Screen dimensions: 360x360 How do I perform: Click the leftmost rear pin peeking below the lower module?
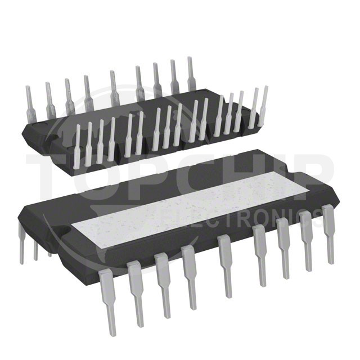[x=21, y=244]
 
